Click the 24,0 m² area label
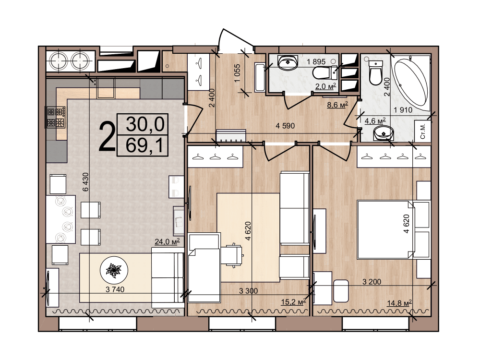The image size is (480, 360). (x=167, y=241)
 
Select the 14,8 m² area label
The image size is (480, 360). (x=399, y=303)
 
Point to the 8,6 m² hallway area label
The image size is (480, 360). (x=337, y=105)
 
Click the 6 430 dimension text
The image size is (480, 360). (x=86, y=182)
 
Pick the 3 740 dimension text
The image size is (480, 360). (x=115, y=289)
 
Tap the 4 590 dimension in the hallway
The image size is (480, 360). (x=285, y=125)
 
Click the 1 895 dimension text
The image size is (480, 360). (x=316, y=61)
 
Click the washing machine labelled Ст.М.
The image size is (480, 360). (x=422, y=131)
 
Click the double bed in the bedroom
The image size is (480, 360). (x=386, y=229)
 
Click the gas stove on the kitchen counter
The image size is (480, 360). (x=56, y=117)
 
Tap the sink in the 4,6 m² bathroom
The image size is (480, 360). (x=383, y=133)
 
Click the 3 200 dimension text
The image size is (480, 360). (x=372, y=281)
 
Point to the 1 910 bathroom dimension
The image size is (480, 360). (x=403, y=109)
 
